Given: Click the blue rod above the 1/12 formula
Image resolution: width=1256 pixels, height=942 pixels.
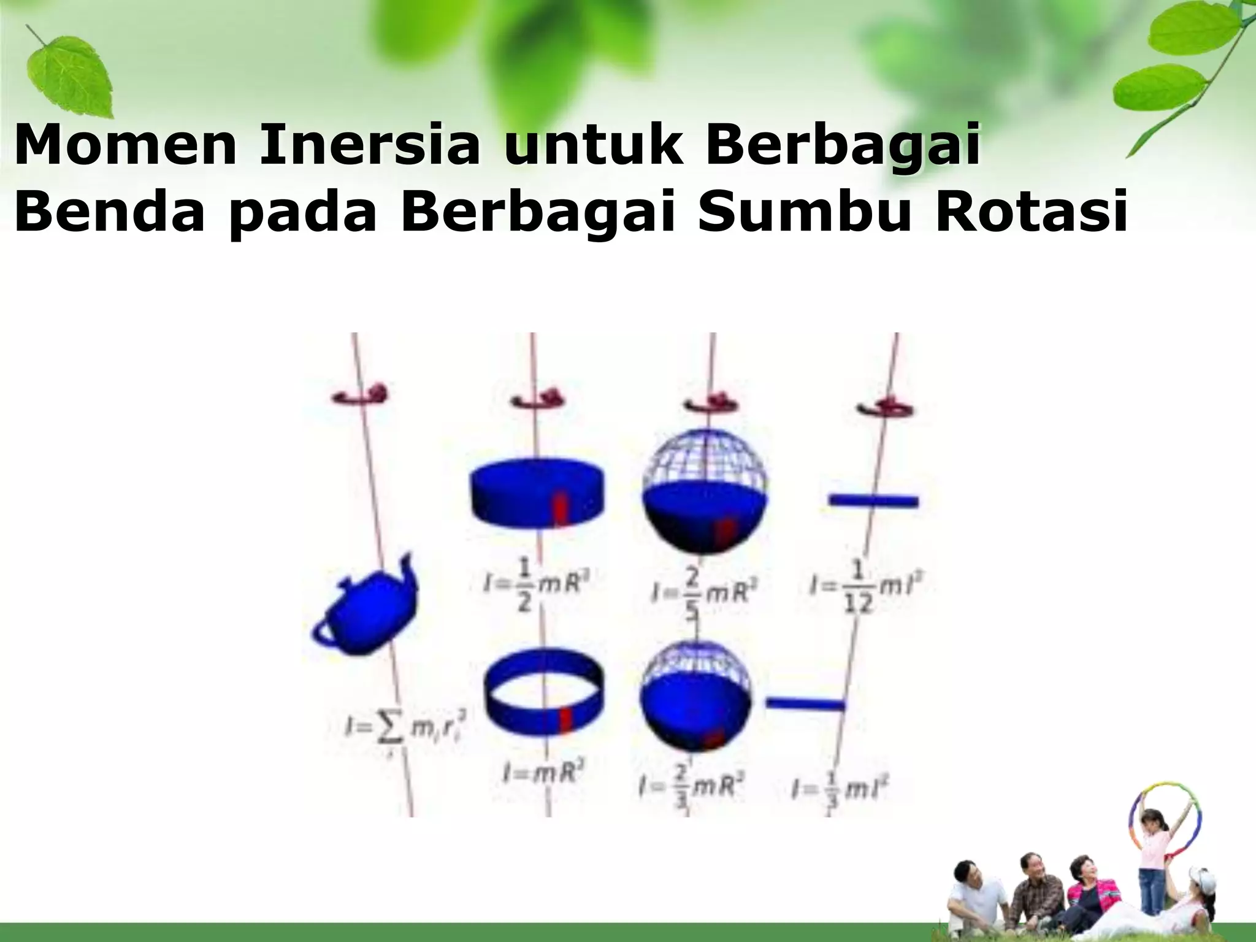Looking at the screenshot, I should [873, 501].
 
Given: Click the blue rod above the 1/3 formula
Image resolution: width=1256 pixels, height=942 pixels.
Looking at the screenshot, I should [805, 704].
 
